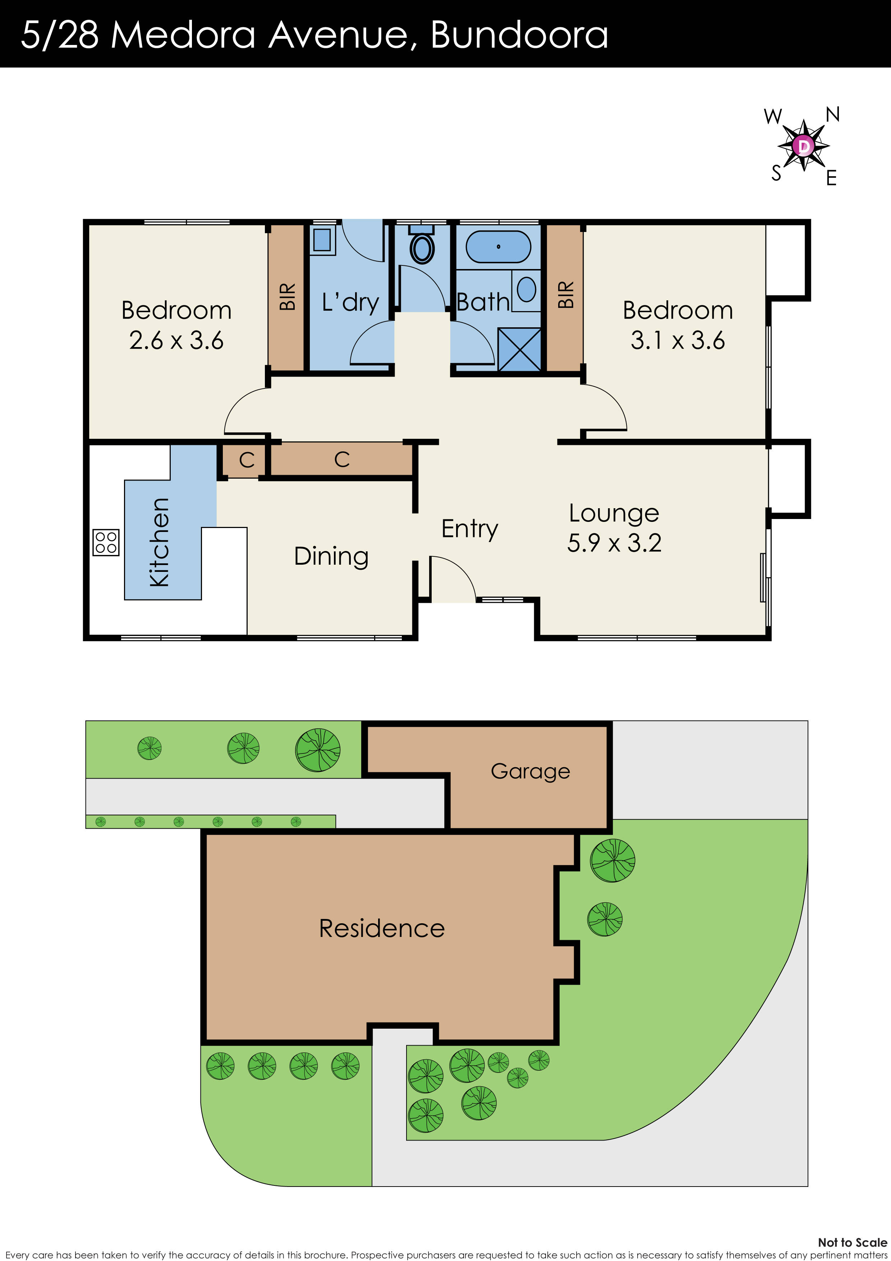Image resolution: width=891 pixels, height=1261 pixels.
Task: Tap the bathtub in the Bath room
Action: click(x=498, y=247)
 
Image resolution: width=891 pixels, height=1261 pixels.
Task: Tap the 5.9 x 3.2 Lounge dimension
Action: click(x=614, y=543)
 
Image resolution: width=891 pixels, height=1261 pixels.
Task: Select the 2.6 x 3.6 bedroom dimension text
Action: click(x=176, y=340)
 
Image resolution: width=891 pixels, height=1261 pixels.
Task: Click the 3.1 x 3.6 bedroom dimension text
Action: click(x=678, y=340)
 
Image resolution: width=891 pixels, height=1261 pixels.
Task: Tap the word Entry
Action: click(x=469, y=528)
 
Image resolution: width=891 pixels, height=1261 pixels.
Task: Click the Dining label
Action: click(x=331, y=556)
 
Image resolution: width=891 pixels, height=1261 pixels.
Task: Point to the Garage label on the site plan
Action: click(x=530, y=771)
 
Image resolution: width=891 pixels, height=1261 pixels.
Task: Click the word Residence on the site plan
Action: click(x=382, y=928)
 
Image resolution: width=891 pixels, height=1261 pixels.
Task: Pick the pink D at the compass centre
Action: click(x=804, y=146)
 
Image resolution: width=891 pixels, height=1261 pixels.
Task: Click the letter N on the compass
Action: click(x=832, y=115)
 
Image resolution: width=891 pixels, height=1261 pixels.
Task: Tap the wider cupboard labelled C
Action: click(x=341, y=459)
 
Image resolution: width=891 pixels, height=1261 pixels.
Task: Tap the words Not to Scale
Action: click(x=852, y=1242)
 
